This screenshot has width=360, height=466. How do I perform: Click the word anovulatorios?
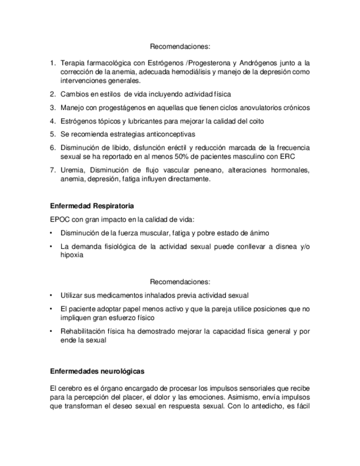coord(251,108)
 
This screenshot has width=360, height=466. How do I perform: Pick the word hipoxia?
coord(72,255)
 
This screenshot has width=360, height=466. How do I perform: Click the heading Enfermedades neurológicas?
coord(97,371)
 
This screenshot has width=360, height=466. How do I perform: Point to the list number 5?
coord(53,134)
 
